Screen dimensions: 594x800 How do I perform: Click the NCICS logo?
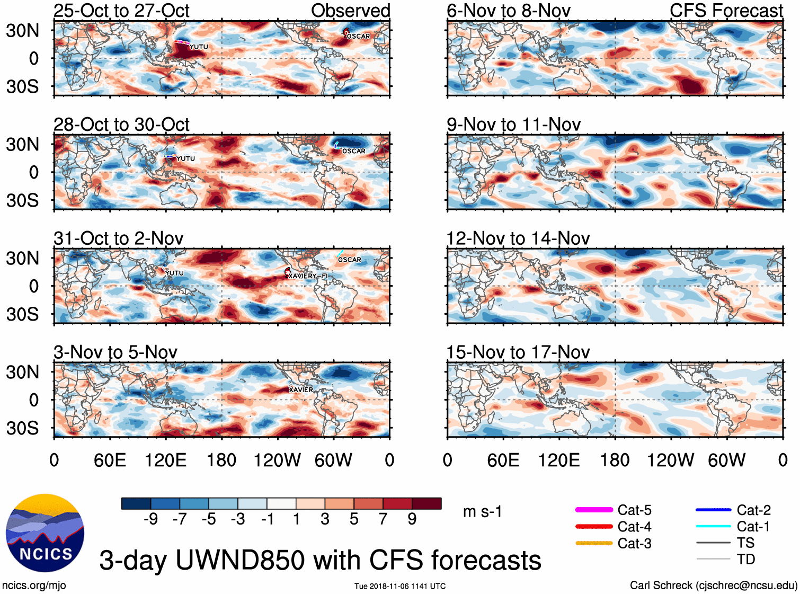pyautogui.click(x=45, y=533)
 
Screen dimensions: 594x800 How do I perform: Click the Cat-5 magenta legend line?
pyautogui.click(x=594, y=510)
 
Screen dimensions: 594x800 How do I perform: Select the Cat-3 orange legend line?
pyautogui.click(x=594, y=543)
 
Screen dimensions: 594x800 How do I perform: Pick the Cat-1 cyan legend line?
pyautogui.click(x=713, y=526)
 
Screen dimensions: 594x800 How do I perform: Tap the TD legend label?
pyautogui.click(x=745, y=559)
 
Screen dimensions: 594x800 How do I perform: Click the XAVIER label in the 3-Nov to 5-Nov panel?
pyautogui.click(x=301, y=390)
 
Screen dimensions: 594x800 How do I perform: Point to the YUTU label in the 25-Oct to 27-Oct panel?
pyautogui.click(x=199, y=47)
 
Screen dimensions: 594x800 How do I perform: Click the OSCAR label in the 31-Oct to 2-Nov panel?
pyautogui.click(x=350, y=260)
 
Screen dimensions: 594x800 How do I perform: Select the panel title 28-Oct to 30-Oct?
pyautogui.click(x=121, y=125)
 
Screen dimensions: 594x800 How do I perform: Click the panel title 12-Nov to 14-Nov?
pyautogui.click(x=518, y=238)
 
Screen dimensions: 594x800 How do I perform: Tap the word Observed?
pyautogui.click(x=350, y=11)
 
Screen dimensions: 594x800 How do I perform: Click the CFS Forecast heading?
pyautogui.click(x=726, y=11)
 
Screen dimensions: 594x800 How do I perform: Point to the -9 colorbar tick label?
pyautogui.click(x=150, y=519)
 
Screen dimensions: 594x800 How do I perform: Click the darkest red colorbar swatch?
pyautogui.click(x=426, y=503)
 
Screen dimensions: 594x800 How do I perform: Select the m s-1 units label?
pyautogui.click(x=482, y=511)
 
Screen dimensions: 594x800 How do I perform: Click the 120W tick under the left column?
pyautogui.click(x=277, y=460)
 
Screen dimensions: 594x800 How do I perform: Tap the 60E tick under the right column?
pyautogui.click(x=503, y=460)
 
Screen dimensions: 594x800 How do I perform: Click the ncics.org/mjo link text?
pyautogui.click(x=34, y=585)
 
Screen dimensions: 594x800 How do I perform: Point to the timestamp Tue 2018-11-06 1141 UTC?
pyautogui.click(x=400, y=586)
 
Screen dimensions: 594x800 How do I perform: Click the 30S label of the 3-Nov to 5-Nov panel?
pyautogui.click(x=22, y=428)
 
